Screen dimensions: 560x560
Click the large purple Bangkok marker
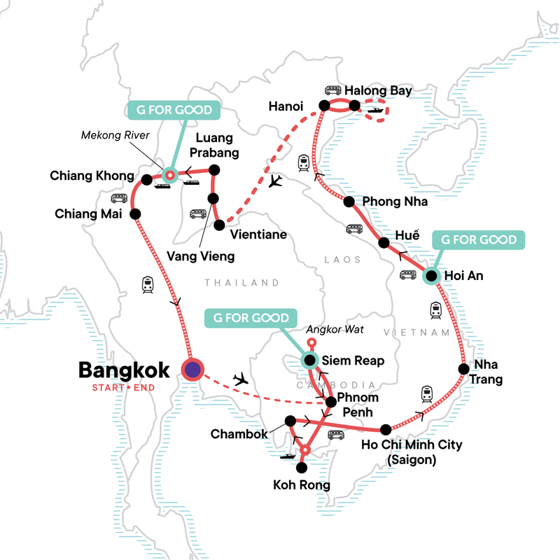(192, 370)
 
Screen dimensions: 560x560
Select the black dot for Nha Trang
(463, 369)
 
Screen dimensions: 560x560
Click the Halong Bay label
(379, 90)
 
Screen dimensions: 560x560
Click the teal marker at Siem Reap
(309, 360)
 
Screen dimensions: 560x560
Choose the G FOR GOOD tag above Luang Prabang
(174, 111)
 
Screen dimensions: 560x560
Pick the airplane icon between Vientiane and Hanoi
(276, 181)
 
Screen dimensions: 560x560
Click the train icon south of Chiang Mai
(148, 284)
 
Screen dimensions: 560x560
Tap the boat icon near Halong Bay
(375, 109)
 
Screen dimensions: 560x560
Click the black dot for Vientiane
(220, 225)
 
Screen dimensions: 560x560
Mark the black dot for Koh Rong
(302, 467)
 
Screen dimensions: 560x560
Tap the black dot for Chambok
(289, 421)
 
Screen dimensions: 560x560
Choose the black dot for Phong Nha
(349, 202)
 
